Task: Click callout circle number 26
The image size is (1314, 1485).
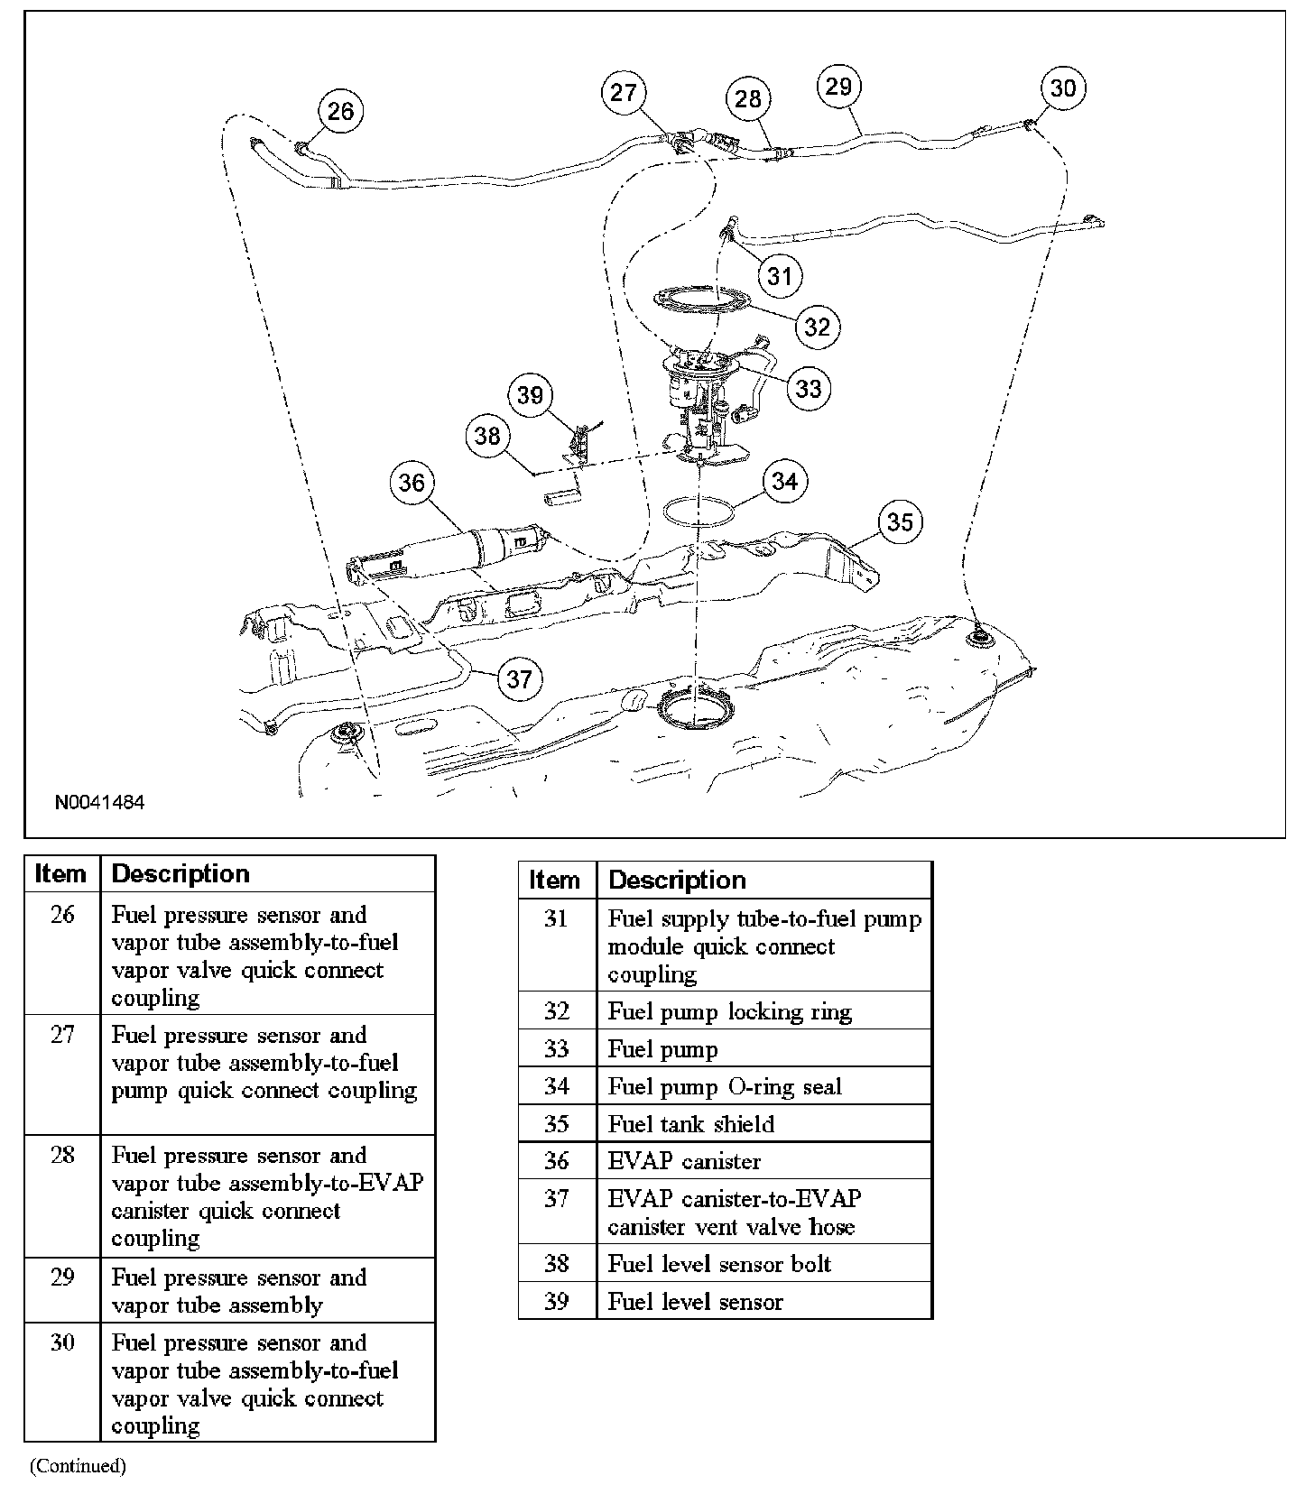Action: coord(340,111)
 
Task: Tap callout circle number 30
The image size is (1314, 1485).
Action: coord(1063,88)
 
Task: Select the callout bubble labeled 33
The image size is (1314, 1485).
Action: coord(809,388)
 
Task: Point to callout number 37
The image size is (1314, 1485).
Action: coord(519,678)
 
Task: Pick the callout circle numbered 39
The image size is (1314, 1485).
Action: coord(530,395)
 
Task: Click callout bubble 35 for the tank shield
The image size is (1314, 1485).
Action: coord(900,522)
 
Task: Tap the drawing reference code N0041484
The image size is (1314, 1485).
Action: coord(99,803)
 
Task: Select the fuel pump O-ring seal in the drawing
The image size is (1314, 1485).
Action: coord(698,511)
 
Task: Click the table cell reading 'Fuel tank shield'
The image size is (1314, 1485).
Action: coord(691,1124)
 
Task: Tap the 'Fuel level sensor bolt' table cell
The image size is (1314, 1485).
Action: coord(719,1264)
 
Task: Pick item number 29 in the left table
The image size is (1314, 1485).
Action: coord(62,1277)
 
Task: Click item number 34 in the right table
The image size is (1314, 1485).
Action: coord(556,1086)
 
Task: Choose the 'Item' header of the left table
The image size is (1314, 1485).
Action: coord(60,874)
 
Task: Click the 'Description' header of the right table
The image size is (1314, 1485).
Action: coord(677,880)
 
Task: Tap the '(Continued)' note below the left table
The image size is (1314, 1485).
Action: coord(78,1466)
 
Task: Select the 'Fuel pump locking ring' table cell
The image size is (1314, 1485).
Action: coord(729,1011)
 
